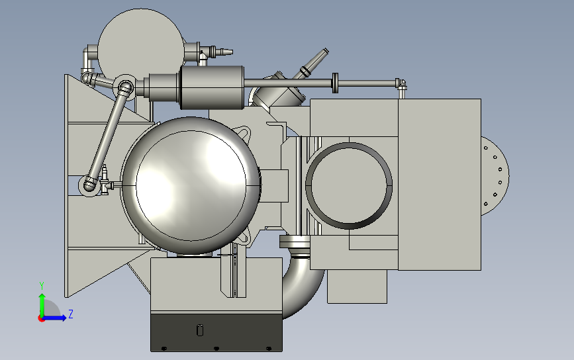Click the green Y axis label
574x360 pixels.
[x=42, y=286]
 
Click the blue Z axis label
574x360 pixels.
[x=71, y=314]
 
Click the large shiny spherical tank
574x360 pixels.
[x=191, y=185]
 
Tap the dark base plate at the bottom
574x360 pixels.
[x=216, y=332]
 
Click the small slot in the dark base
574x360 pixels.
[x=200, y=330]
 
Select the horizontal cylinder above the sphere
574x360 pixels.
[x=212, y=87]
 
